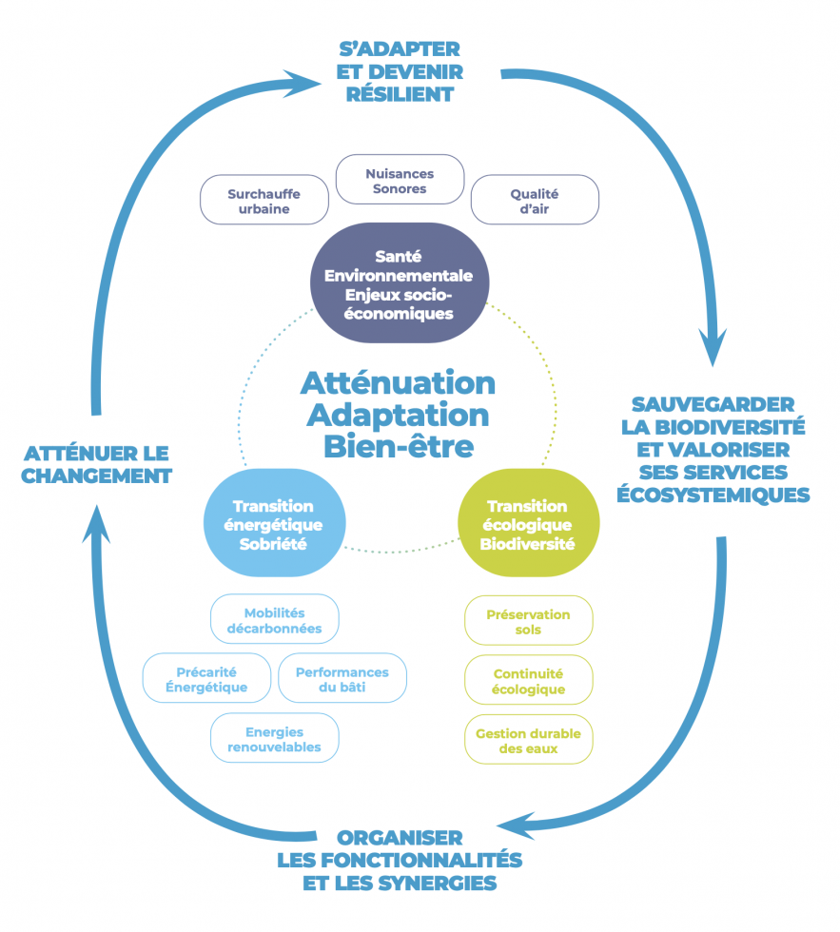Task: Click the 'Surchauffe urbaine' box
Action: coord(264,201)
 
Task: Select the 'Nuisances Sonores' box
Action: coord(400,181)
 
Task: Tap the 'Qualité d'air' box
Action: coord(535,201)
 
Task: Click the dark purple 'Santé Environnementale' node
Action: coord(399,283)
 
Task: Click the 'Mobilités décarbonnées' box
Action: coord(275,620)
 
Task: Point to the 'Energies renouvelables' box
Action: coord(274,739)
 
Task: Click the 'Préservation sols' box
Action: coord(528,621)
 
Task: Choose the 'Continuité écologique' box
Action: coord(528,681)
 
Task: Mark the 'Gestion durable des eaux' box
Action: coord(528,740)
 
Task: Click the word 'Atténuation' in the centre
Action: coord(398,383)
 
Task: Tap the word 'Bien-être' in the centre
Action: coord(398,444)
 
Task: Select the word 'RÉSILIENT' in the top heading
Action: coord(400,95)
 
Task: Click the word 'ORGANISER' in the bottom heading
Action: coord(400,838)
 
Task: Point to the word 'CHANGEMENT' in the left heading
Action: coord(96,476)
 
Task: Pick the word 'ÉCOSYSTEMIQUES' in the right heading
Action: coord(713,495)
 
